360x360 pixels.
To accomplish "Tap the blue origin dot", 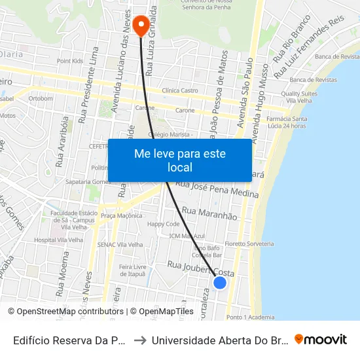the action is pyautogui.click(x=220, y=282).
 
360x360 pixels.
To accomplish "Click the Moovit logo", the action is pyautogui.click(x=321, y=339).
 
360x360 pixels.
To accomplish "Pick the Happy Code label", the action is pyautogui.click(x=164, y=224).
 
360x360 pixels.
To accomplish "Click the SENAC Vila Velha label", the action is pyautogui.click(x=120, y=244).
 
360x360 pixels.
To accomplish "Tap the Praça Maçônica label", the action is pyautogui.click(x=121, y=215).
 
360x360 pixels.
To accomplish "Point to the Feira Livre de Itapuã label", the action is pyautogui.click(x=131, y=270).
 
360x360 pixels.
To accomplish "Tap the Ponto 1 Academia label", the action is pyautogui.click(x=251, y=317).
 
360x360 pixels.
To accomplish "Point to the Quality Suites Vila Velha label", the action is pyautogui.click(x=300, y=98).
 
